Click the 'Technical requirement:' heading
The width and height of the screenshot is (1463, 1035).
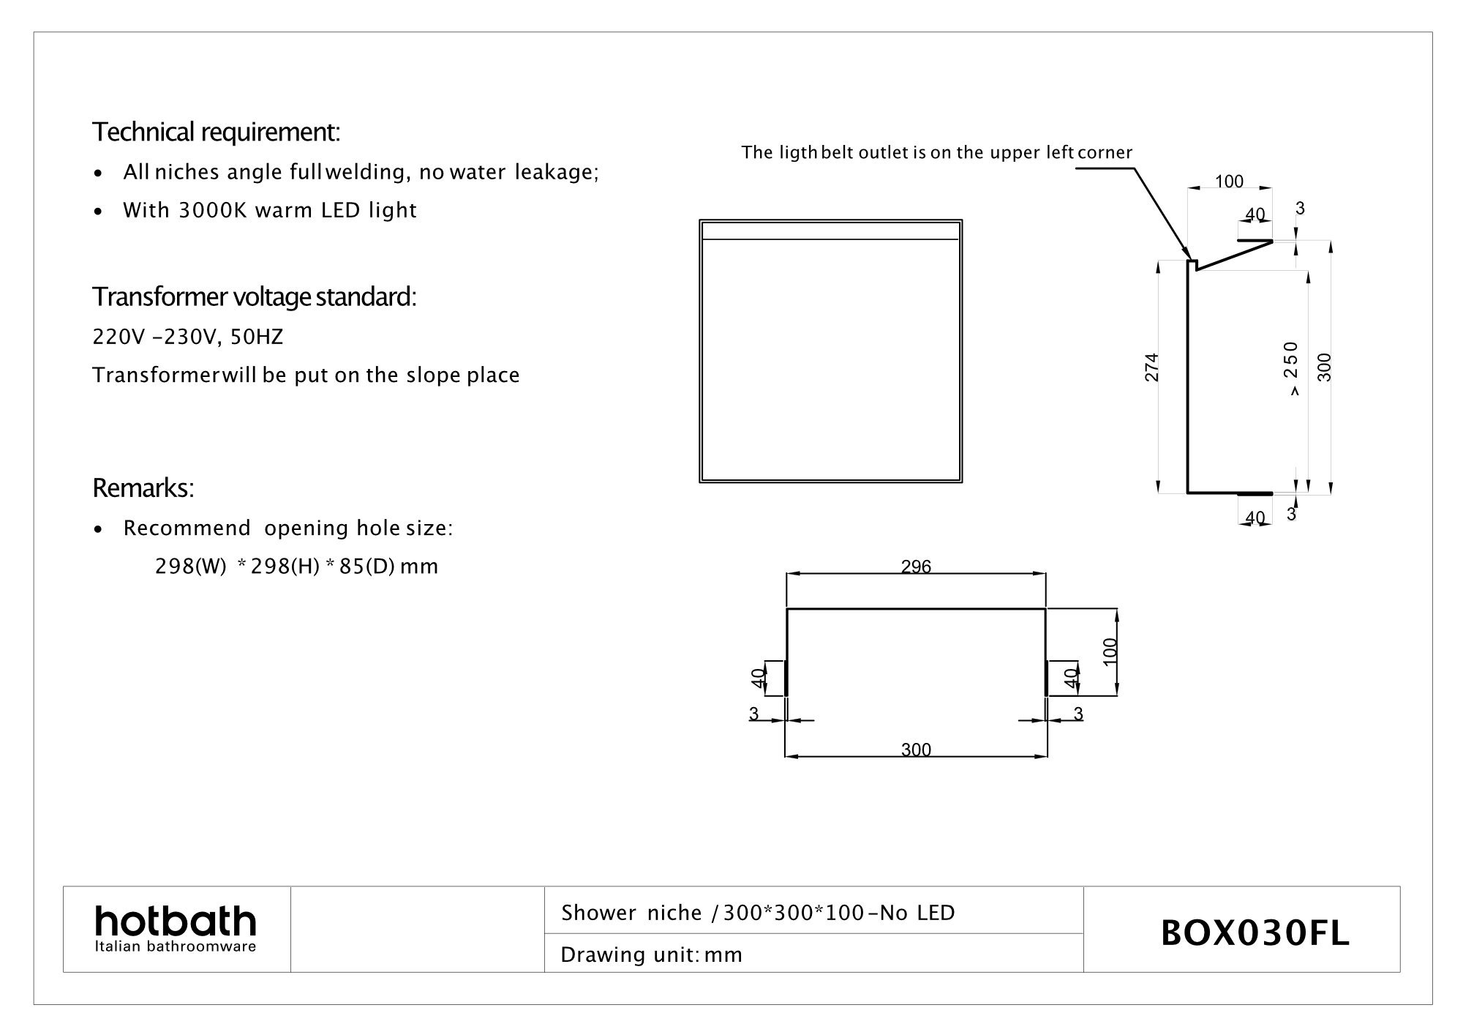216,132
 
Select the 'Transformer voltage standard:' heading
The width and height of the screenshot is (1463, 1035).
254,297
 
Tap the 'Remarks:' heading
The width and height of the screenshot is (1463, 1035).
143,487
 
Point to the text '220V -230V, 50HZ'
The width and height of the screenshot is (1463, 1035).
187,337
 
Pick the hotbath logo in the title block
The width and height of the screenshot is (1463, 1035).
176,929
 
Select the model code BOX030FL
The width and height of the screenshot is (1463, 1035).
1255,934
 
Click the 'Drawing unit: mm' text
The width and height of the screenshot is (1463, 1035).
651,955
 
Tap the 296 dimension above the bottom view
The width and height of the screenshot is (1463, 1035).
916,567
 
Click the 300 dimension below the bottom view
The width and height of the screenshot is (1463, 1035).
916,750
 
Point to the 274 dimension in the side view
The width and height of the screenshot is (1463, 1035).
1152,367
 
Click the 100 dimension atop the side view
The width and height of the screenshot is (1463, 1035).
1229,182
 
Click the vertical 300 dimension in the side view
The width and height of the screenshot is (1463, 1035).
1325,367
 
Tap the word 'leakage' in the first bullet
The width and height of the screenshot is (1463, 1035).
557,173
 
